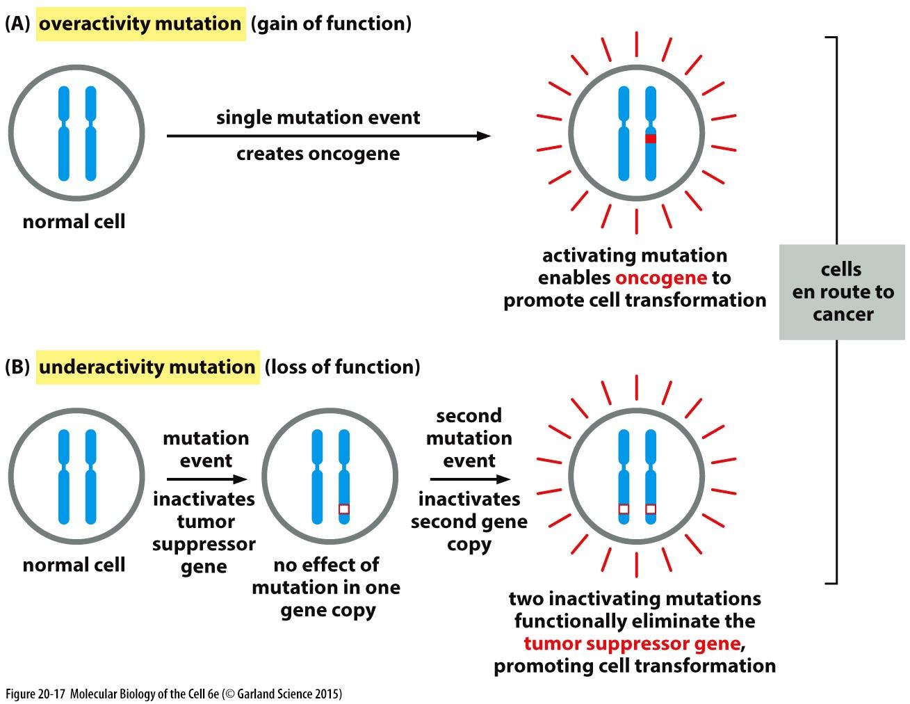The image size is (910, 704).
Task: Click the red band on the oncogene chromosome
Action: (x=650, y=138)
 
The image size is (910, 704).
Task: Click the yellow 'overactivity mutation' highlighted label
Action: (x=140, y=24)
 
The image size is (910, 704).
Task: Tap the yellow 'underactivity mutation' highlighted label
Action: (x=147, y=367)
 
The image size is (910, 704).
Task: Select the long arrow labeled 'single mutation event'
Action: (x=328, y=136)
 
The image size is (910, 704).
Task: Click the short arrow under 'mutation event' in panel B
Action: (x=206, y=479)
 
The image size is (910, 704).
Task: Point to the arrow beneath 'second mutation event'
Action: (x=470, y=479)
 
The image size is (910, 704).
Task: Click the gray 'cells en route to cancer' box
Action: (x=842, y=292)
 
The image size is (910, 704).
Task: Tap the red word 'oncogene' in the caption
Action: (x=660, y=278)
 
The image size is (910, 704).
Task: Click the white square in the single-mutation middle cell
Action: (x=344, y=509)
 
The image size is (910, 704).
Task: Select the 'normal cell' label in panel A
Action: (x=74, y=223)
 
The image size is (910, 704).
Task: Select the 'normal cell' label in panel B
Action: (x=74, y=565)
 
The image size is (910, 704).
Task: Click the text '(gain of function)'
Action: (x=331, y=24)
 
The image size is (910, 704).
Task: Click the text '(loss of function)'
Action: (x=342, y=367)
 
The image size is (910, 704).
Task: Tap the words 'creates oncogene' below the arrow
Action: (x=318, y=154)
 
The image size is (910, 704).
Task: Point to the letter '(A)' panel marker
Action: (x=17, y=24)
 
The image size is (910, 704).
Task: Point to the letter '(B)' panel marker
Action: (x=17, y=367)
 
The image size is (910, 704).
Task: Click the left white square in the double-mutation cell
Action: (x=624, y=509)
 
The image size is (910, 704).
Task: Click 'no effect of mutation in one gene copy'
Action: (x=326, y=588)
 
